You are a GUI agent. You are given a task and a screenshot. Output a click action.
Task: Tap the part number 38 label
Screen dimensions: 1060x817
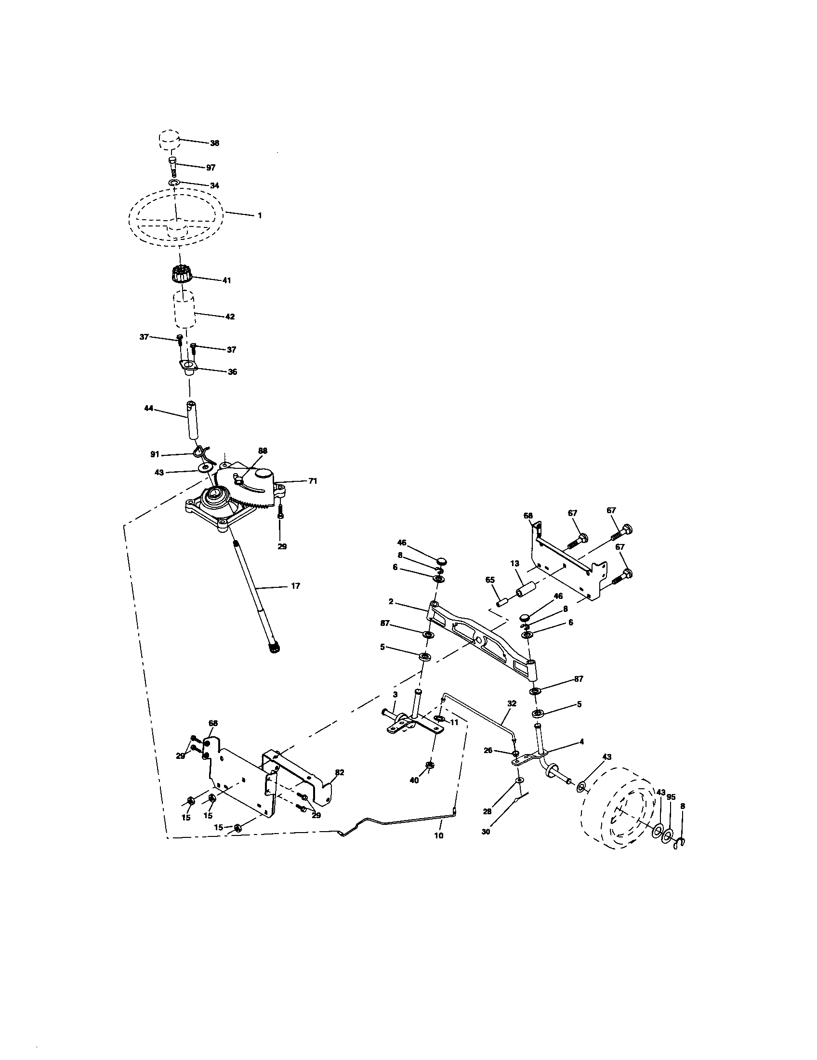coord(214,143)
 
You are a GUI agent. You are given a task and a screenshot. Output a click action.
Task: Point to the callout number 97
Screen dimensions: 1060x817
coord(211,168)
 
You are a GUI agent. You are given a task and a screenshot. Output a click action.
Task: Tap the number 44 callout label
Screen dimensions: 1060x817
coord(149,409)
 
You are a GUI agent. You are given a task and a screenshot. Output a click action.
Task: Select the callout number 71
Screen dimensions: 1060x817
coord(313,481)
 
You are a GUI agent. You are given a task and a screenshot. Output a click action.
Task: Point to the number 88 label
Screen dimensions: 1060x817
coord(263,451)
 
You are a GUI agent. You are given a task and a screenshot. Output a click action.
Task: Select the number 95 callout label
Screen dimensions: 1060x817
coord(672,797)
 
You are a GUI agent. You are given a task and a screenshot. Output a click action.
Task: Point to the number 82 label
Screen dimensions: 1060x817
coord(340,772)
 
